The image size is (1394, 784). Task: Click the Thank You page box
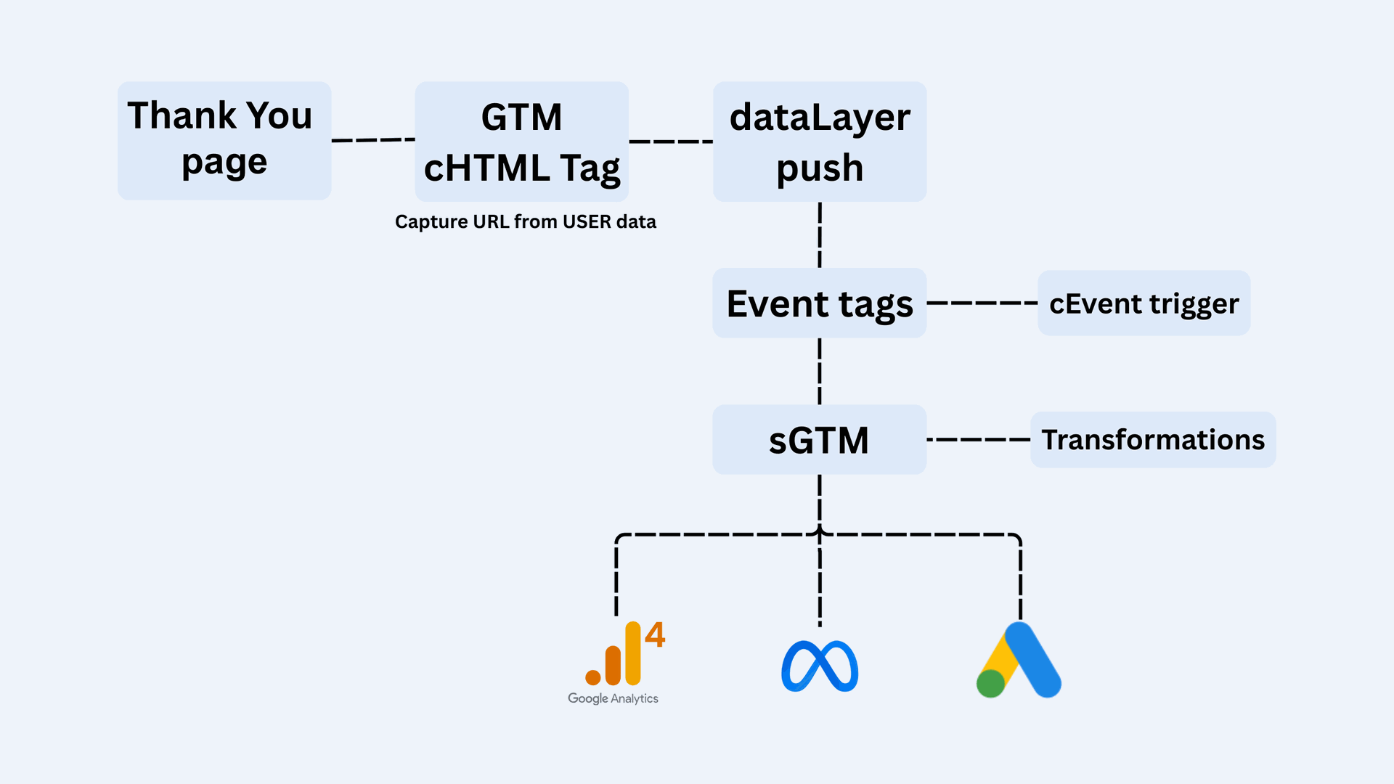pyautogui.click(x=224, y=140)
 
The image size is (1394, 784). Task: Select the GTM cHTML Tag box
pyautogui.click(x=521, y=142)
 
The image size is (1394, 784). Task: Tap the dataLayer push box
pyautogui.click(x=820, y=142)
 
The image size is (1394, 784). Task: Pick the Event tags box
pyautogui.click(x=820, y=303)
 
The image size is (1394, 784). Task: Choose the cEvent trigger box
pyautogui.click(x=1144, y=303)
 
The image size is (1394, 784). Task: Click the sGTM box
pyautogui.click(x=820, y=439)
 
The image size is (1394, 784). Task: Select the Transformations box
pyautogui.click(x=1153, y=439)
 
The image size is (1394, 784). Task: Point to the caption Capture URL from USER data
pyautogui.click(x=525, y=221)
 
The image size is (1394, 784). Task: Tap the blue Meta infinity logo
pyautogui.click(x=820, y=666)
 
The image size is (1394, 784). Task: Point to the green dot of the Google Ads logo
pyautogui.click(x=990, y=683)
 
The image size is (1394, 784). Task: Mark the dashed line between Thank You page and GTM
pyautogui.click(x=373, y=139)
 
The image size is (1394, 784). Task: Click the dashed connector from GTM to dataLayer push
pyautogui.click(x=671, y=141)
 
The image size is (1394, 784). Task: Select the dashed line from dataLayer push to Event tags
pyautogui.click(x=820, y=234)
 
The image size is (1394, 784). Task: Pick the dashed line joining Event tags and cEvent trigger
pyautogui.click(x=982, y=303)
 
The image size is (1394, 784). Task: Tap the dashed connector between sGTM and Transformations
pyautogui.click(x=978, y=439)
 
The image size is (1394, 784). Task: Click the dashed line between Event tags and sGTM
pyautogui.click(x=820, y=371)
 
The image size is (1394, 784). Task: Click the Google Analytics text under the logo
pyautogui.click(x=613, y=698)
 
